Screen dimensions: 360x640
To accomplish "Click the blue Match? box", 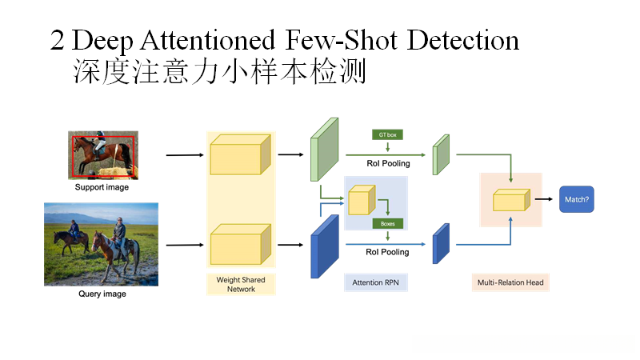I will point(577,199).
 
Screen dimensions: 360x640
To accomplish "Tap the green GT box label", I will point(387,134).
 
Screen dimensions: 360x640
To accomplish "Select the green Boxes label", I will point(387,224).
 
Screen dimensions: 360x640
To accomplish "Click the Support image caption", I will point(102,188).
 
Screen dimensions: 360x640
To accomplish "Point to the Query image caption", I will point(102,294).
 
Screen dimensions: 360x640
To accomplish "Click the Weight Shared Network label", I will point(241,284).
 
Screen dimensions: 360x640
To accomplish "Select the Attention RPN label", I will point(375,282).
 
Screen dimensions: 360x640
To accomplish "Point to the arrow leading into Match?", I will point(544,199).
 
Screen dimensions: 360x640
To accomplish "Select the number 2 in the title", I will point(58,41).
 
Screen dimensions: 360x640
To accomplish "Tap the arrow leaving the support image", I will point(183,154).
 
